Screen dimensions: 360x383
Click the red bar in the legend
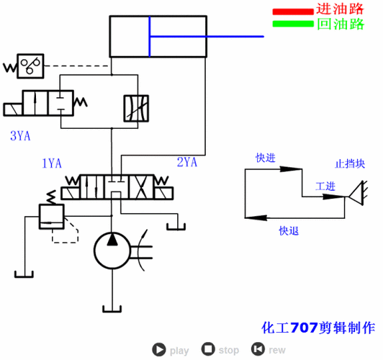coord(293,11)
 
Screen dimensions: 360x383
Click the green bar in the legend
coord(293,23)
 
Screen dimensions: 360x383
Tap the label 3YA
coord(19,135)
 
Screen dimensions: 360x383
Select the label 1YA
coord(52,163)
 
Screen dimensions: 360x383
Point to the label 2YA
coord(186,162)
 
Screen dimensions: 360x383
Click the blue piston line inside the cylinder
coord(150,37)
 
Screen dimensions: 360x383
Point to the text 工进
coord(326,186)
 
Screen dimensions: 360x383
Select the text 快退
coord(289,231)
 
